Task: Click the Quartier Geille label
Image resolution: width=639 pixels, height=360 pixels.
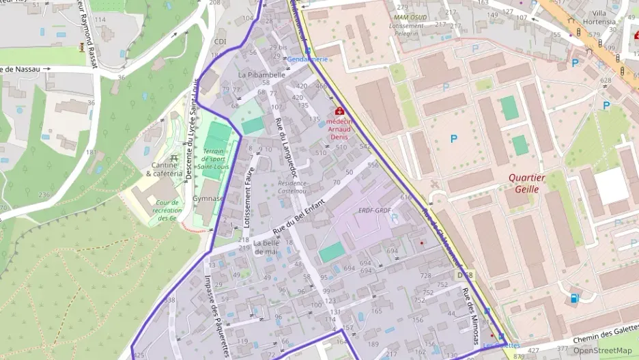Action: point(527,183)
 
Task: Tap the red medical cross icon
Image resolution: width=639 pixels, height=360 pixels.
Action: point(339,111)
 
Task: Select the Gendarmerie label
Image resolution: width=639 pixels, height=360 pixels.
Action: point(308,59)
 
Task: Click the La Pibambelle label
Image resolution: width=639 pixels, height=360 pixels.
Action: point(261,74)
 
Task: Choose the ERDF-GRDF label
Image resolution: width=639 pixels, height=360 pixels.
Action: point(375,210)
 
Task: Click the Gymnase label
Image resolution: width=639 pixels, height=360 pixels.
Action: point(208,199)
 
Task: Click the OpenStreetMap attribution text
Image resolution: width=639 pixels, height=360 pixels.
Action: point(602,350)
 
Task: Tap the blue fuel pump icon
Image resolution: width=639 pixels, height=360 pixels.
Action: point(574,298)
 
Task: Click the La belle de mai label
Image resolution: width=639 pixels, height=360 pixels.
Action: point(267,247)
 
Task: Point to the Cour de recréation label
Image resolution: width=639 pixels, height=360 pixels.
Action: point(167,210)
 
